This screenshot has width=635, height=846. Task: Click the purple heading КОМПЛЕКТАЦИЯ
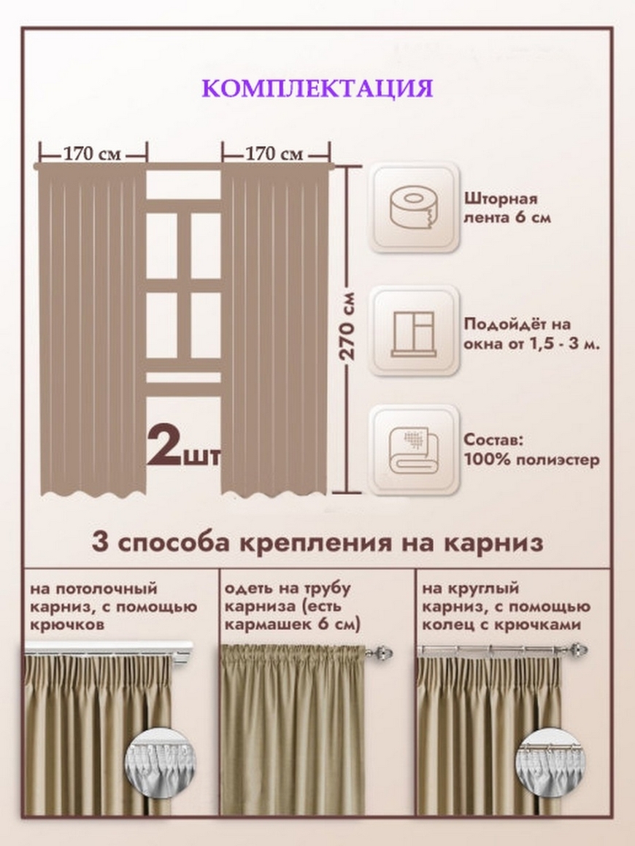[x=317, y=89]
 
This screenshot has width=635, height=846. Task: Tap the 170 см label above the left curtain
[x=93, y=155]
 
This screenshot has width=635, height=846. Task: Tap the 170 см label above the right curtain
[x=274, y=155]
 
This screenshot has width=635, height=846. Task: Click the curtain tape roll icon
[x=414, y=208]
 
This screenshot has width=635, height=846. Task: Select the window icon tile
[x=414, y=330]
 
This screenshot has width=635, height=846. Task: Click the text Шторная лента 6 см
[x=507, y=209]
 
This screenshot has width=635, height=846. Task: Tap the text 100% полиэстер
[x=532, y=460]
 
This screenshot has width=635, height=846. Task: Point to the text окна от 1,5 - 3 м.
[x=531, y=344]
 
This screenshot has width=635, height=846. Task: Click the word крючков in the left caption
[x=67, y=625]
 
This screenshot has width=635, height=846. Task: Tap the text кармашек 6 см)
[x=292, y=625]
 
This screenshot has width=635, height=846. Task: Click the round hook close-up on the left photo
[x=160, y=762]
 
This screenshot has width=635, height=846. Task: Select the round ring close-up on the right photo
[x=551, y=762]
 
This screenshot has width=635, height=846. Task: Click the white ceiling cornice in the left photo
[x=109, y=648]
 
